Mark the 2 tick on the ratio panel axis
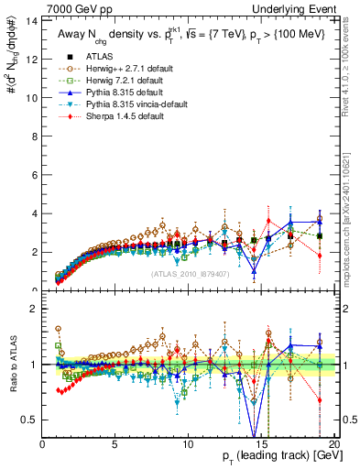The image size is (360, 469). [x=35, y=309]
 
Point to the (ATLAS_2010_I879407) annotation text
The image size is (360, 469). [x=189, y=274]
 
